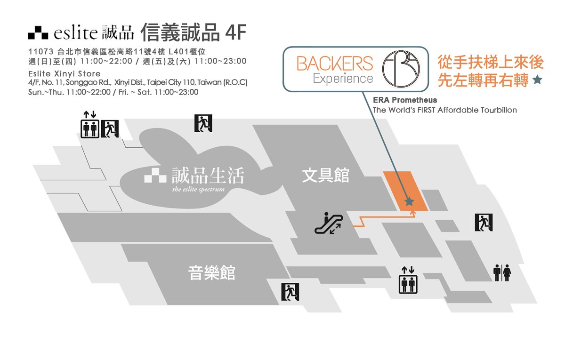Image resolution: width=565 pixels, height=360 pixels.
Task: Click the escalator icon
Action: (x=329, y=224)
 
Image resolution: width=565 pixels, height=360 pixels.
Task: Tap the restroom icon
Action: (x=502, y=273)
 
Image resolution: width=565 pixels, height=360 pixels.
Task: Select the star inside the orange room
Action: (x=409, y=202)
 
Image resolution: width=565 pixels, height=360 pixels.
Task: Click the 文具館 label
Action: (x=325, y=176)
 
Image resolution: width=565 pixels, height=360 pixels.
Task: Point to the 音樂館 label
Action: (x=211, y=272)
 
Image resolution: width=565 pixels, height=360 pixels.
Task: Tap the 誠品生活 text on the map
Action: (x=208, y=176)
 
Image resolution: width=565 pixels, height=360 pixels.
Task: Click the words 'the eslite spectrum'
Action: (x=198, y=190)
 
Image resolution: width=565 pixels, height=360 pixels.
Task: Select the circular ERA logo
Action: (x=400, y=69)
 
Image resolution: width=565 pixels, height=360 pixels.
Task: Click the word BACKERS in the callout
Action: (x=335, y=64)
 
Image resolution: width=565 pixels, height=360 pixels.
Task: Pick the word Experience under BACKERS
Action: (x=343, y=78)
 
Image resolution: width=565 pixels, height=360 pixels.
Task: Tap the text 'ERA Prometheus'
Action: (x=405, y=100)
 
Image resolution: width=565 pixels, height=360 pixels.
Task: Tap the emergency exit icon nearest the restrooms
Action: (x=483, y=222)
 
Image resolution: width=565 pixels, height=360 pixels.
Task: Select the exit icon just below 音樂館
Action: (x=290, y=292)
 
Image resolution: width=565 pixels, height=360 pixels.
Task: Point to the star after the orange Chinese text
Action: (x=537, y=80)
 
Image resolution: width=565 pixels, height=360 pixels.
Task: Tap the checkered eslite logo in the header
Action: (x=38, y=33)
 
